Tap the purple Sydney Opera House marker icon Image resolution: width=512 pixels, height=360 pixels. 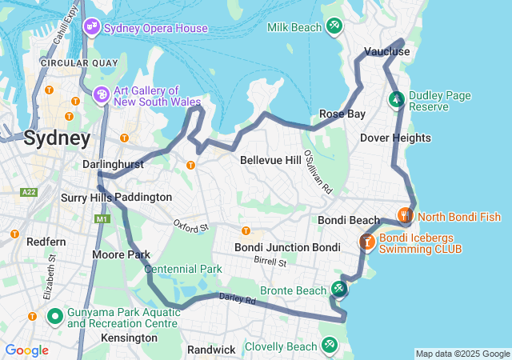[x=91, y=28]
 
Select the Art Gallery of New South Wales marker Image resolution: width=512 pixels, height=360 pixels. [x=102, y=95]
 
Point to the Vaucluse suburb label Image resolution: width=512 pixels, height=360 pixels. [x=386, y=51]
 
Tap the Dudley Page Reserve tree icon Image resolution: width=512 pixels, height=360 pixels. [x=396, y=100]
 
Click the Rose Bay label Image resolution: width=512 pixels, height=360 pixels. [x=342, y=114]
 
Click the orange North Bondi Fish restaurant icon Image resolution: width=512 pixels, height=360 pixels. [x=405, y=215]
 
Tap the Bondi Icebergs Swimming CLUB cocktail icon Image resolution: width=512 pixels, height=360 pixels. [x=367, y=241]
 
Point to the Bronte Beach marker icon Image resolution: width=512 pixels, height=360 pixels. [x=339, y=289]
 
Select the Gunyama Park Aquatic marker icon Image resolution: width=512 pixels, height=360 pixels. [x=55, y=317]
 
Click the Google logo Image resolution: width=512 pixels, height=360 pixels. [x=26, y=350]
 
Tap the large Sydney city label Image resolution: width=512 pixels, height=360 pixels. [x=57, y=138]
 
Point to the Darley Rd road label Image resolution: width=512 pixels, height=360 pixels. [x=237, y=300]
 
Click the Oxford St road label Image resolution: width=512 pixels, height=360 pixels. [x=190, y=227]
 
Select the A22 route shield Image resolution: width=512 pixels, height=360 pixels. [x=30, y=192]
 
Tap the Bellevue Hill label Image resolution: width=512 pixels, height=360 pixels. [x=270, y=160]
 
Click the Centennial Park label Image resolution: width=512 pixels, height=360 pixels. [x=183, y=269]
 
